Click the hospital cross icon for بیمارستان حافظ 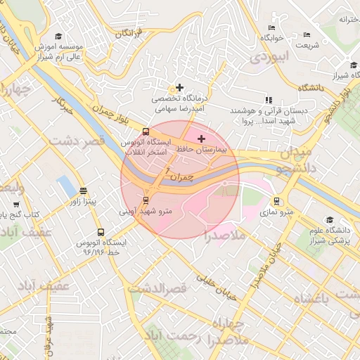click(202, 139)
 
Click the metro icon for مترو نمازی click(278, 200)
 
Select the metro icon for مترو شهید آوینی click(146, 200)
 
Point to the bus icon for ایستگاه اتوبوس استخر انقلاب click(146, 131)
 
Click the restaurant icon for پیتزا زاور click(84, 191)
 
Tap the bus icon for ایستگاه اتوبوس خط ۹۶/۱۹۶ click(101, 231)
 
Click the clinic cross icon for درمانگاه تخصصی click(180, 88)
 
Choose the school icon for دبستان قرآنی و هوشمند click(267, 101)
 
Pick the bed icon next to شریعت click(305, 34)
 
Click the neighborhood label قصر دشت click(76, 141)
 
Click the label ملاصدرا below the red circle click(224, 235)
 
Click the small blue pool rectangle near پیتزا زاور click(66, 186)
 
